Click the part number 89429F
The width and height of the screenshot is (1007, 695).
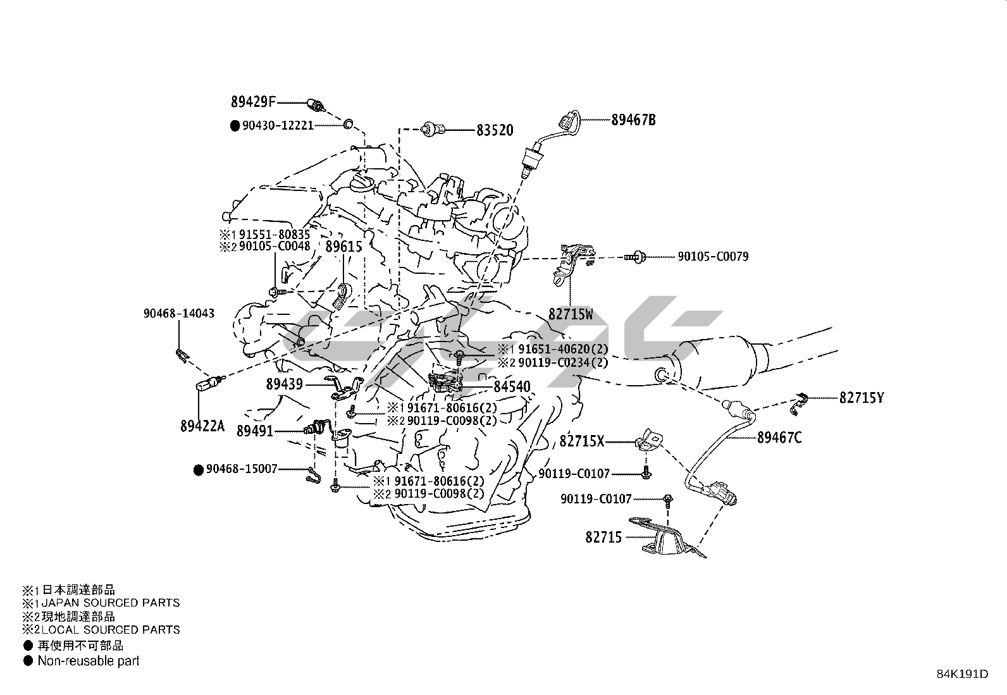coord(252,102)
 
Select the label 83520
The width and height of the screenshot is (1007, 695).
coord(495,130)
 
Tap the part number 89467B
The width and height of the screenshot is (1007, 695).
coord(633,120)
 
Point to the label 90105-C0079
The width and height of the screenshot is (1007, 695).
coord(713,257)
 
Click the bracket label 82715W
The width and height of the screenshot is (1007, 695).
coord(571,314)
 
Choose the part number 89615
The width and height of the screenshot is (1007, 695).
coord(343,247)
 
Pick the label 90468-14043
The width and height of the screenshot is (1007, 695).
coord(179,313)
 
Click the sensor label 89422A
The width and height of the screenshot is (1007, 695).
coord(202,426)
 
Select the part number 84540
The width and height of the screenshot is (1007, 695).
coord(512,386)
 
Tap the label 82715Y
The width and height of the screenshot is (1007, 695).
coord(862,398)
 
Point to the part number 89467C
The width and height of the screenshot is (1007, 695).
coord(779,438)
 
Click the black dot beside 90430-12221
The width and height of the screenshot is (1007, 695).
coord(235,126)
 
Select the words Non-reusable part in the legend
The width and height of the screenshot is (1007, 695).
coord(89,661)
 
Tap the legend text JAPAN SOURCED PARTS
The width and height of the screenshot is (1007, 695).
coord(111,603)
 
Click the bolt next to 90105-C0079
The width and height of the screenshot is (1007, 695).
coord(635,257)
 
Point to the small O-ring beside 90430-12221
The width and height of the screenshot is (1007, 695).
coord(348,124)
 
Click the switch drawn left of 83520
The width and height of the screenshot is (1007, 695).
coord(433,130)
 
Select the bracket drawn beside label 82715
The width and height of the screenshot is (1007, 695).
coord(667,538)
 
